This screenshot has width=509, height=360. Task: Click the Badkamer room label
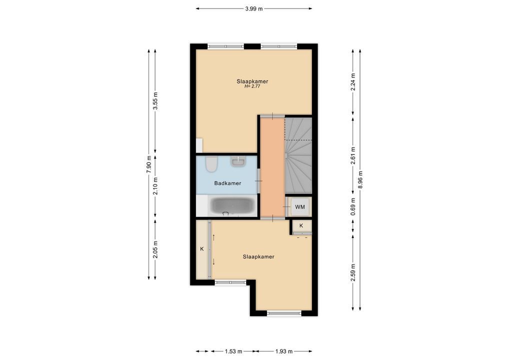point(227,183)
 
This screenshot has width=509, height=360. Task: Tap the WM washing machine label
point(299,207)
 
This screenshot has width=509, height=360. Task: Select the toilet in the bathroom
point(211,164)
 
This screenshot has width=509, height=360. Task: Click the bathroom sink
point(239,161)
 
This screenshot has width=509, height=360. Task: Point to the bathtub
point(231,205)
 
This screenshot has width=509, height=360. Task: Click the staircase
point(298,155)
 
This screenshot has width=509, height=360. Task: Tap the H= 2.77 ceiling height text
point(252,86)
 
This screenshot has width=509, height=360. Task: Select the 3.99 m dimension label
point(254,9)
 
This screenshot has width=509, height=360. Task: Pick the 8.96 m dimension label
point(360,179)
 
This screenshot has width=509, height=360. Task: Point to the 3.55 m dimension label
point(155,101)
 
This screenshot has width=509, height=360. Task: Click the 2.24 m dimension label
point(353,82)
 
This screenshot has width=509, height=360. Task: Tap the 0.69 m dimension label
point(353,206)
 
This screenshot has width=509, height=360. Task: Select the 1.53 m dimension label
point(233,351)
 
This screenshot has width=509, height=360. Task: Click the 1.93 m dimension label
point(283,351)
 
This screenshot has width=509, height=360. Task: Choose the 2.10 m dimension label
point(155,186)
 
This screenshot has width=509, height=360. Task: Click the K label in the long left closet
point(201,249)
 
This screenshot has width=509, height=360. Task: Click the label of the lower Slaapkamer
point(258,257)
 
